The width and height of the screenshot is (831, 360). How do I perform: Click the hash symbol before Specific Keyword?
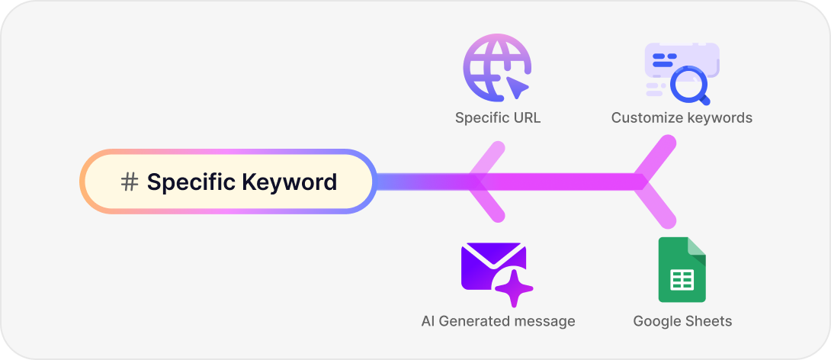tap(130, 182)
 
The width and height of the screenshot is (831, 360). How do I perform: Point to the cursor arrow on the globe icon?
tap(517, 86)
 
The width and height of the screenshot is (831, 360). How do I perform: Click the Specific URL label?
tap(498, 118)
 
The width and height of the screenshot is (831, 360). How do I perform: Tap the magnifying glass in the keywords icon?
tap(688, 84)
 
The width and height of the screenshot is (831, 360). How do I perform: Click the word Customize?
tap(647, 118)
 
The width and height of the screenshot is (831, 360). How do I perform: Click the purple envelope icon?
tap(492, 267)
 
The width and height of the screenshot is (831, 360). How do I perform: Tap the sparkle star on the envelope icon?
tap(514, 288)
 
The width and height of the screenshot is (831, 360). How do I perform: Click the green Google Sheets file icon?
tap(682, 270)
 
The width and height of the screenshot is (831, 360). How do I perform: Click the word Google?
tap(657, 321)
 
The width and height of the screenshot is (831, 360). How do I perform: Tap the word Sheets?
tap(708, 321)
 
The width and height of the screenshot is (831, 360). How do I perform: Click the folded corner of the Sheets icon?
tap(697, 247)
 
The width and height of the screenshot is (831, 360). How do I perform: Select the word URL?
tap(526, 118)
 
